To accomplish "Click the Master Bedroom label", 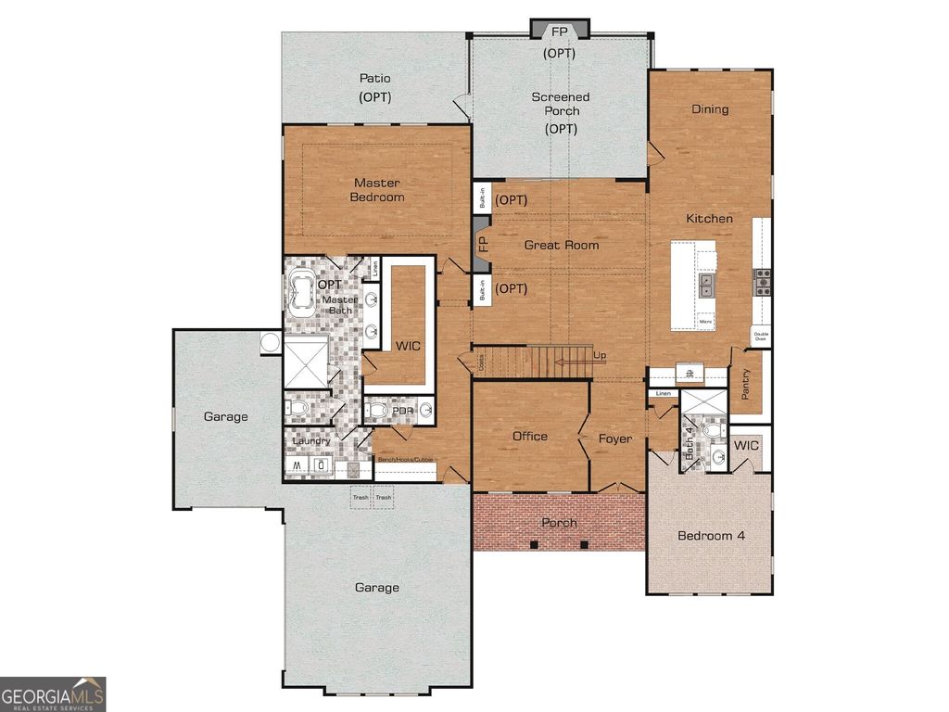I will click(x=376, y=190).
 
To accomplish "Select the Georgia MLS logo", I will click(x=53, y=693).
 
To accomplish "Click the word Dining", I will click(x=710, y=109).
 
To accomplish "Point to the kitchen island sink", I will click(x=707, y=285).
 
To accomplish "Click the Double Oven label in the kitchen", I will click(x=761, y=337).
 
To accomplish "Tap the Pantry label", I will click(x=747, y=383).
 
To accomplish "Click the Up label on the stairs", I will click(x=600, y=356).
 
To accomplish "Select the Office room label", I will click(x=530, y=437).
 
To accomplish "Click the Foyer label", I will click(x=614, y=439).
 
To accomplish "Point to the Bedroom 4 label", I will click(x=711, y=536).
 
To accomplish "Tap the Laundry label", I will click(x=311, y=440).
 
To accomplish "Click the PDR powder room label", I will click(x=401, y=410).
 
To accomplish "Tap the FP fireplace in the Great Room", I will click(x=481, y=244).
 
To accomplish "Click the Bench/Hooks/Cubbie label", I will click(x=405, y=459).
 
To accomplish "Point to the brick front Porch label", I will click(x=559, y=523).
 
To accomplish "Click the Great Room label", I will click(x=562, y=245).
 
